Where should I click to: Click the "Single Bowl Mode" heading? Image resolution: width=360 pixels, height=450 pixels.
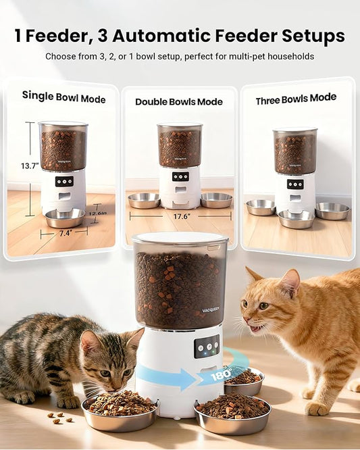pos(63,97)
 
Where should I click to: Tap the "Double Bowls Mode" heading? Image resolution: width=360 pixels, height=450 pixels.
pos(179,102)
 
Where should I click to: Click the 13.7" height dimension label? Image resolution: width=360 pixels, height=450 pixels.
pos(28,166)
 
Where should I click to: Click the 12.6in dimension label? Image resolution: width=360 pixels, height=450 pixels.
pos(97,214)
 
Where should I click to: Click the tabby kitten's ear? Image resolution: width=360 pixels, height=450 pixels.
pos(89,341)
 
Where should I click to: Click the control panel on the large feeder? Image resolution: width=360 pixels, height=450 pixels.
pos(206,346)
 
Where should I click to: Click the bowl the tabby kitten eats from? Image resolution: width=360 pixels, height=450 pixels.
pos(119,410)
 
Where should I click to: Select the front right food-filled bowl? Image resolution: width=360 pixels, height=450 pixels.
pos(232,414)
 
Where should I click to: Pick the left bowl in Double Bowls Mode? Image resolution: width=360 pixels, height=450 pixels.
pos(143,200)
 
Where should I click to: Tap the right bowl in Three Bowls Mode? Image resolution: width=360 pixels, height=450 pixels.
pos(332,211)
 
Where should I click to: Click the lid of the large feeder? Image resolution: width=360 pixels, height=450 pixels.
pos(180,239)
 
